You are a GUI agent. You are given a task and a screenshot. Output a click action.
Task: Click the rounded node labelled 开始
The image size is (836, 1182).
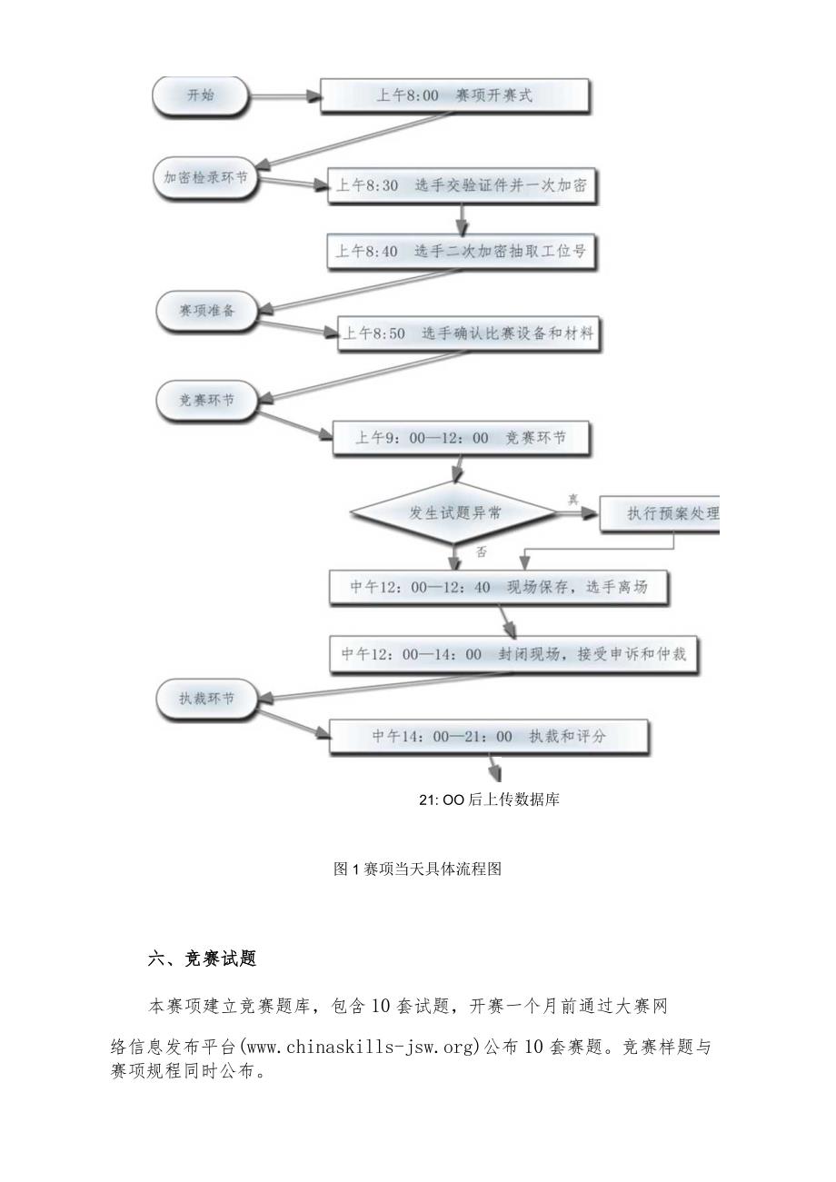click(200, 95)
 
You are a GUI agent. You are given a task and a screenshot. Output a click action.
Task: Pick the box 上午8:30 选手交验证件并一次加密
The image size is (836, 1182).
click(462, 186)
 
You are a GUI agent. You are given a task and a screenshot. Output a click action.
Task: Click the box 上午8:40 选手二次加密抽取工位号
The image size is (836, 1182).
click(462, 252)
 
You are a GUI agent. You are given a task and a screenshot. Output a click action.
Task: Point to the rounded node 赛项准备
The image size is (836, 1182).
click(207, 310)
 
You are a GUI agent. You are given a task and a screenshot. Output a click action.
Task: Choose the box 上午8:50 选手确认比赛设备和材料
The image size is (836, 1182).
click(468, 334)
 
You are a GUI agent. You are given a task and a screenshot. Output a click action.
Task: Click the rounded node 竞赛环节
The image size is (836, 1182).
click(205, 398)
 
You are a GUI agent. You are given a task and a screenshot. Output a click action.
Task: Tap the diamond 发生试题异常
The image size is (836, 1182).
click(453, 513)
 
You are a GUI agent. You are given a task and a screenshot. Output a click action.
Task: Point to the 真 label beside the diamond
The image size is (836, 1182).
click(573, 499)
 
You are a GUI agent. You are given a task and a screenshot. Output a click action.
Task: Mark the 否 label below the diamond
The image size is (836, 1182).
click(482, 551)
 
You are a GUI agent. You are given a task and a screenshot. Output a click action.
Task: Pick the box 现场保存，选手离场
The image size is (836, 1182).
click(499, 588)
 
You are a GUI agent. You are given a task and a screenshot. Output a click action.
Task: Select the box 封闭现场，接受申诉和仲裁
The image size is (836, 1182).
click(513, 654)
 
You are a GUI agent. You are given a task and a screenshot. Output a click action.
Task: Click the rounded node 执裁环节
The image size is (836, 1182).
click(206, 698)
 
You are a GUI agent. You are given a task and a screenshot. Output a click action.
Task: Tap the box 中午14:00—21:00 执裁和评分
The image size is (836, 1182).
click(488, 737)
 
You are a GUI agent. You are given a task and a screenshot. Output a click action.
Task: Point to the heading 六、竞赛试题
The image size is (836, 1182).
click(202, 959)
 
